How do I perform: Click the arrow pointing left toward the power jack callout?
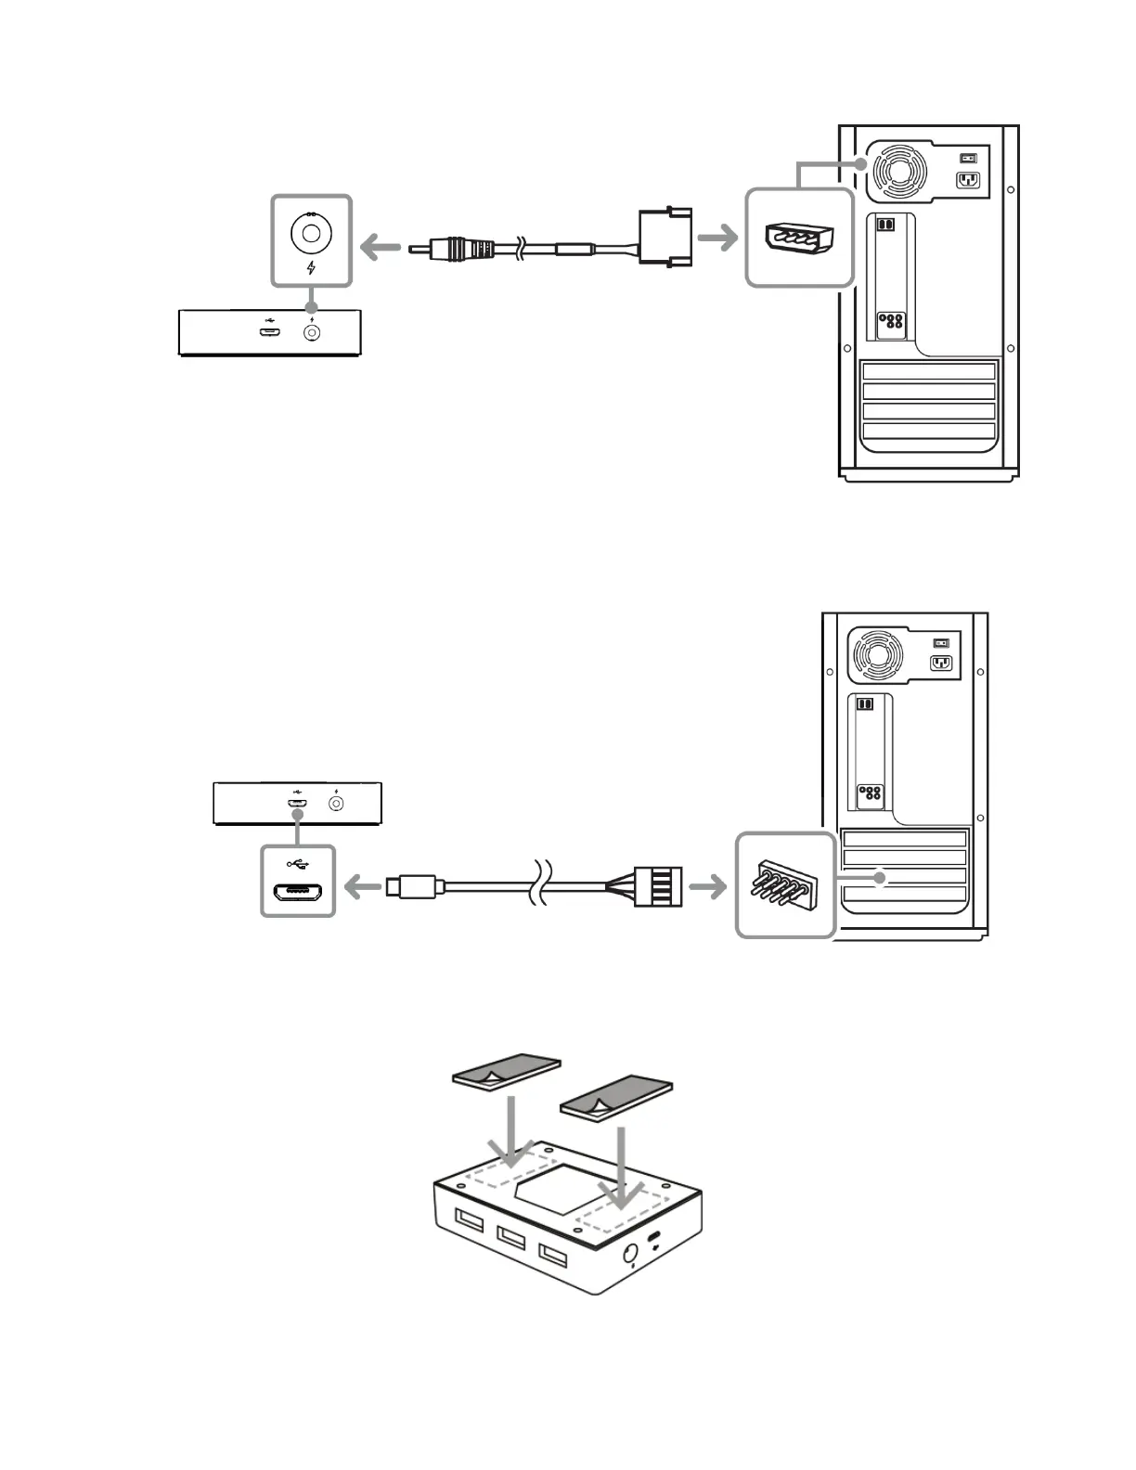tap(380, 248)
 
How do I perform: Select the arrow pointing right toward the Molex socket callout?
tap(717, 239)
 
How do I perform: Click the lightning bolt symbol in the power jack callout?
tap(312, 268)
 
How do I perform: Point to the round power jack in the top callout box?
tap(311, 232)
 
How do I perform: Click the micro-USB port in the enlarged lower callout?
tap(298, 895)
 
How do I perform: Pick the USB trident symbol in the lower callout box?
tap(298, 864)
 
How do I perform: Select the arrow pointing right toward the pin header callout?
tap(708, 887)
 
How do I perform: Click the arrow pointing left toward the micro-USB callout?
tap(363, 888)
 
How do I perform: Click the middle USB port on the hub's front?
tap(511, 1238)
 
